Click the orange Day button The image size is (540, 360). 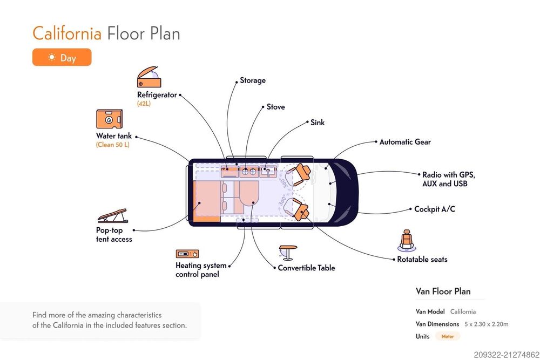pyautogui.click(x=62, y=57)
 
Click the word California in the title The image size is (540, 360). pyautogui.click(x=67, y=33)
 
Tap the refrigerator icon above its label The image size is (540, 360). pyautogui.click(x=149, y=78)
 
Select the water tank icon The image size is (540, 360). pyautogui.click(x=109, y=119)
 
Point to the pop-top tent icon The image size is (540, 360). pyautogui.click(x=113, y=216)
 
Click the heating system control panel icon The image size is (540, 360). pyautogui.click(x=187, y=254)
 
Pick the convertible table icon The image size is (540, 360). pyautogui.click(x=288, y=253)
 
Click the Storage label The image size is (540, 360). pyautogui.click(x=253, y=80)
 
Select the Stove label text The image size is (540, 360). pyautogui.click(x=275, y=107)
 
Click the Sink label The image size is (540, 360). pyautogui.click(x=318, y=123)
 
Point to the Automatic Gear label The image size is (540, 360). pyautogui.click(x=405, y=142)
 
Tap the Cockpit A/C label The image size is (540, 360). pyautogui.click(x=434, y=209)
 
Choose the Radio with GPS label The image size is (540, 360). pyautogui.click(x=448, y=175)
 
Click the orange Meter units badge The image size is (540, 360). pyautogui.click(x=448, y=336)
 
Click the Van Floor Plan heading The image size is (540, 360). pyautogui.click(x=443, y=291)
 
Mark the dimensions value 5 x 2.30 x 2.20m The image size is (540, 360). pyautogui.click(x=487, y=324)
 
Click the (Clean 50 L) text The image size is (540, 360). pyautogui.click(x=113, y=145)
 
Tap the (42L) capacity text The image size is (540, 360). pyautogui.click(x=144, y=103)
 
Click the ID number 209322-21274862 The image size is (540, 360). pyautogui.click(x=505, y=354)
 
